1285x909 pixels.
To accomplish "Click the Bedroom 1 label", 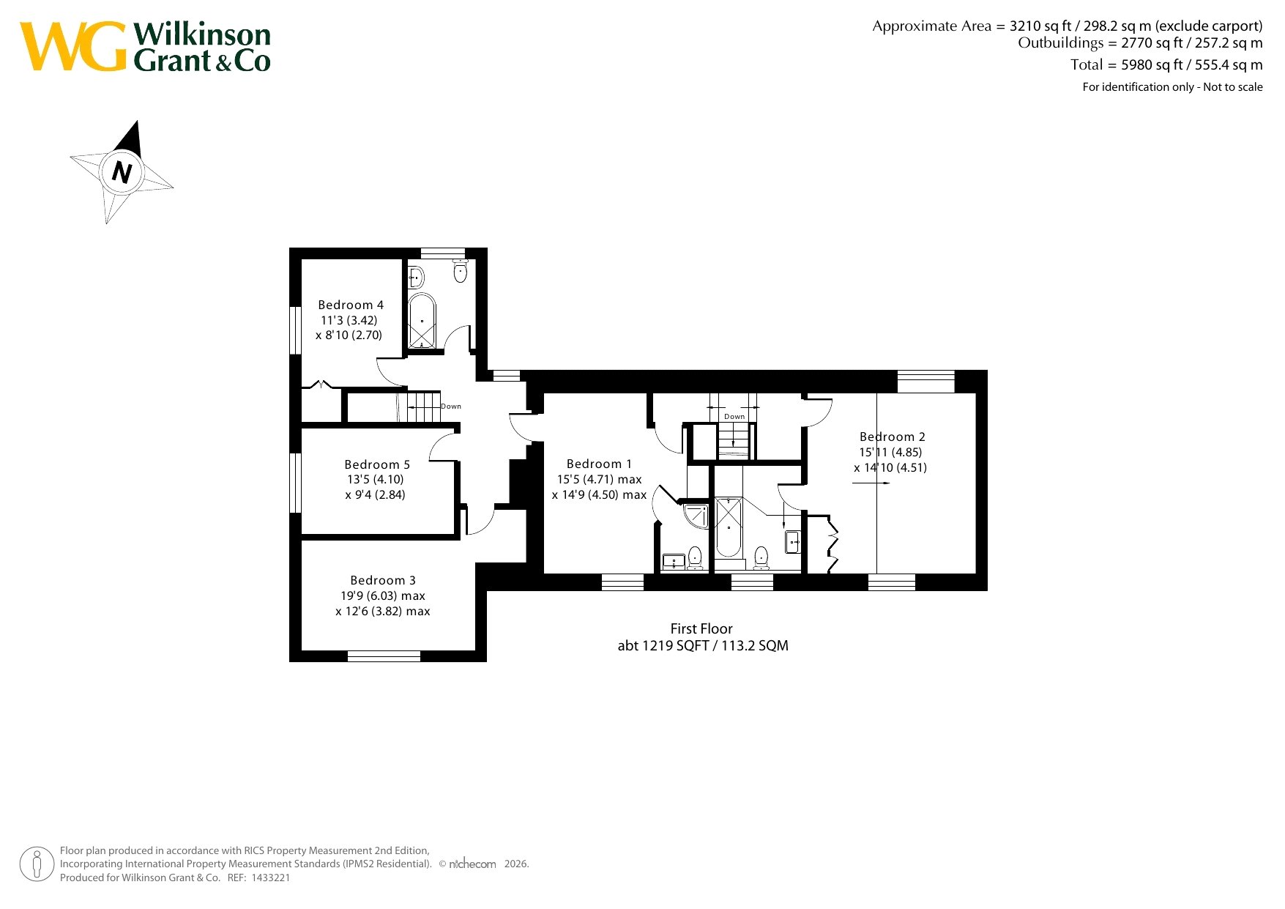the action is click(599, 464).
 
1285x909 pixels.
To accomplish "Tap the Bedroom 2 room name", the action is click(892, 437).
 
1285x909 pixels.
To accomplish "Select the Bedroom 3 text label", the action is click(383, 580).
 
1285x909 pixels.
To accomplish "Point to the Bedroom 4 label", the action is click(351, 305).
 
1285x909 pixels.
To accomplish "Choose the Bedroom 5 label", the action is click(377, 464).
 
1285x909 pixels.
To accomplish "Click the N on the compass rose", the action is click(122, 172).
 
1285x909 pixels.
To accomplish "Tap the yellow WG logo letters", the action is click(73, 46).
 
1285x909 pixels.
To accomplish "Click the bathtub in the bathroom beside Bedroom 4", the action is click(422, 322).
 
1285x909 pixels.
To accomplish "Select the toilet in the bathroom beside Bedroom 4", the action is click(461, 271).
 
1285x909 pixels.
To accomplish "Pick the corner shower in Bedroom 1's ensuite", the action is click(696, 516).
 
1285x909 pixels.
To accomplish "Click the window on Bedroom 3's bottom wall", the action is click(384, 656).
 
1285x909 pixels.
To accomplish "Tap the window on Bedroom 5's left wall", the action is click(295, 483).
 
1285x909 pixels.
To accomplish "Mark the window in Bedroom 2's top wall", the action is click(926, 382).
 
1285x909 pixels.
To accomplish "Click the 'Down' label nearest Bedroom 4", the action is click(451, 407).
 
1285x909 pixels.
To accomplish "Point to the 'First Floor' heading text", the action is click(701, 628).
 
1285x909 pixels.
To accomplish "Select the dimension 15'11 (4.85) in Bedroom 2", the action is click(890, 452).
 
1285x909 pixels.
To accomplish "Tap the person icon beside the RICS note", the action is click(37, 864).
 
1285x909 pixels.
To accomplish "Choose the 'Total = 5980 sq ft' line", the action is click(1166, 64).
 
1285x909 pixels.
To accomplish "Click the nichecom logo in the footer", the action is click(472, 864).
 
